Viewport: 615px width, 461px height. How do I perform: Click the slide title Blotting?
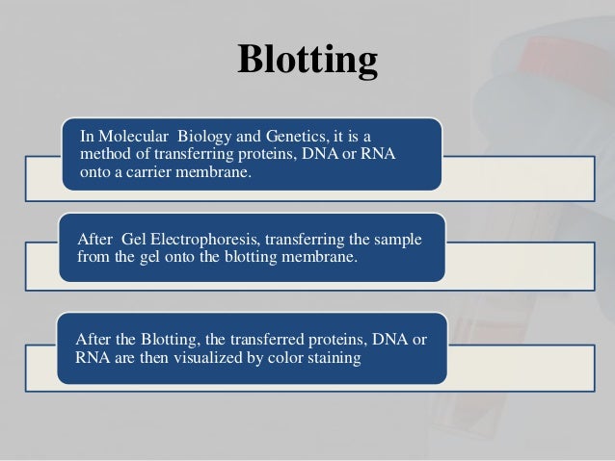(307, 62)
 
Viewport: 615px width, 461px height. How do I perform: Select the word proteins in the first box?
(268, 154)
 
